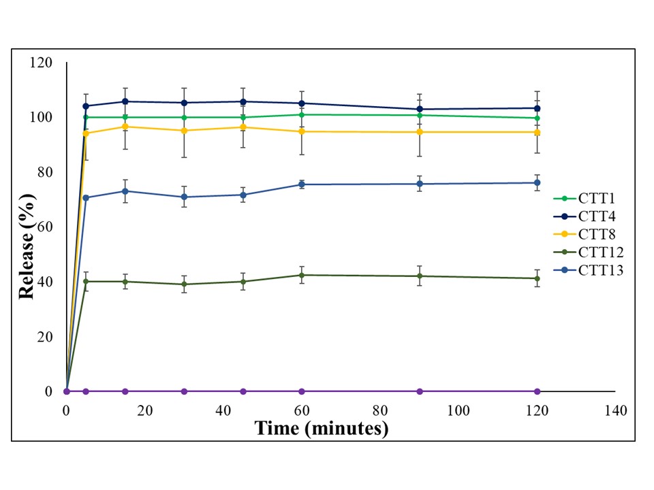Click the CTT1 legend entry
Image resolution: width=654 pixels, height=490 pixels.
pos(589,198)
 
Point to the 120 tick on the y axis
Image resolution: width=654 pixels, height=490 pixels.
pos(42,63)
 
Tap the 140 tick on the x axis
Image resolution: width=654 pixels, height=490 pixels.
pos(615,410)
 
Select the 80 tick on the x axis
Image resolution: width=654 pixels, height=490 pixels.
pos(380,410)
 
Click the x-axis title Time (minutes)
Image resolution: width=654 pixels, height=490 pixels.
pos(321,429)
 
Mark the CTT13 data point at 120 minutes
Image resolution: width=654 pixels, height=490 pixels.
pos(537,182)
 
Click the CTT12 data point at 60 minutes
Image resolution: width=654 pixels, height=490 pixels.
pos(302,275)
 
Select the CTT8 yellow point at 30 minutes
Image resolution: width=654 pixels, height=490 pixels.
pos(184,131)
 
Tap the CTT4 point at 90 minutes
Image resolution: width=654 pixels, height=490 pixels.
pos(420,109)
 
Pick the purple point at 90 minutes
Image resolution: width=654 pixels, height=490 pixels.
pos(420,391)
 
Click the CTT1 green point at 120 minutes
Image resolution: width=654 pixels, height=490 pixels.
pos(537,118)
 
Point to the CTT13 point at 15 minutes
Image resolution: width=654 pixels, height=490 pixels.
pos(125,191)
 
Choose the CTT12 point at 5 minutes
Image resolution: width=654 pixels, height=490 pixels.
pos(86,281)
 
